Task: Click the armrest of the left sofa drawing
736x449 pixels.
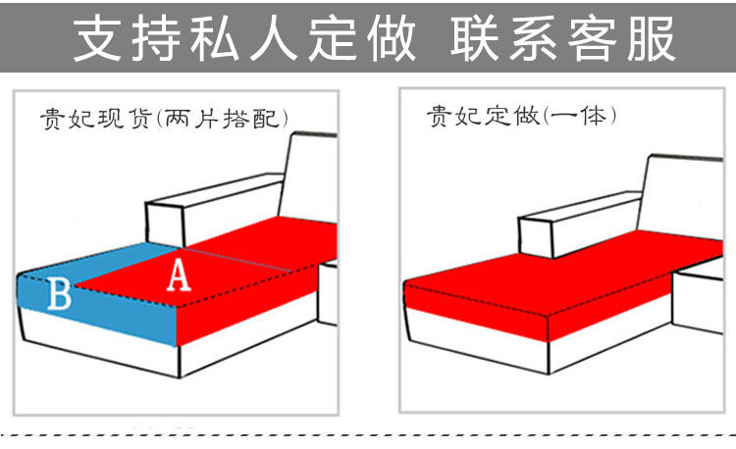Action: [x=211, y=211]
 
